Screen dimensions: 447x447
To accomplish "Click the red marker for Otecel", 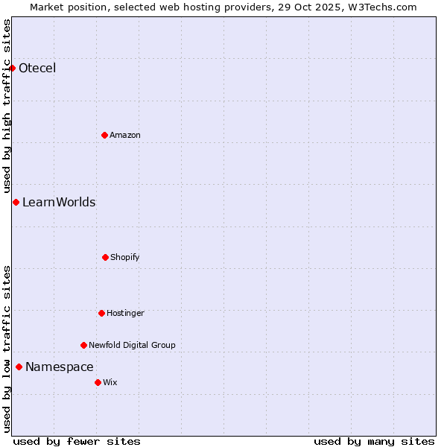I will (x=12, y=69).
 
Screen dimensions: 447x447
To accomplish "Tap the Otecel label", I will (x=37, y=69).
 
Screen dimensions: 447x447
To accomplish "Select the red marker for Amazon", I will (x=104, y=135).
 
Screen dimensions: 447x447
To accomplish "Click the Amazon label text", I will (x=125, y=135).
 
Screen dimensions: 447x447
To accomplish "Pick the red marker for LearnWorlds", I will (x=16, y=202).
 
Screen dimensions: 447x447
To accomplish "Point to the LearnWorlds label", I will (x=59, y=202).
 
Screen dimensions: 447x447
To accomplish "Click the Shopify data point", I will (x=105, y=257).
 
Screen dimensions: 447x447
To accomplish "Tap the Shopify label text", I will (x=125, y=257).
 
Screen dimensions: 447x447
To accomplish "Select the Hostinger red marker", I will (x=101, y=313).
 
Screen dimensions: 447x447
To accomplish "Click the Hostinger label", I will (x=125, y=313).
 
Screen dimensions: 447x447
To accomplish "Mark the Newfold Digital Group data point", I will (x=83, y=345).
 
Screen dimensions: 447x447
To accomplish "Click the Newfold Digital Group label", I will (x=132, y=345).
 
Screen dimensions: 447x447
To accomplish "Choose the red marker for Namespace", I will (x=19, y=367).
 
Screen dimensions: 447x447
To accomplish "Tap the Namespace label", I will (x=60, y=367).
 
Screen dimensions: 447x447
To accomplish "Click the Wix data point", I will (x=98, y=382).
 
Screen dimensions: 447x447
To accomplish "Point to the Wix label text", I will (x=110, y=382).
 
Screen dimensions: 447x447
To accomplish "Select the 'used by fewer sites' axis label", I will (x=77, y=441).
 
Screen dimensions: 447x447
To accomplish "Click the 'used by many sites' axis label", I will (x=374, y=441).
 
